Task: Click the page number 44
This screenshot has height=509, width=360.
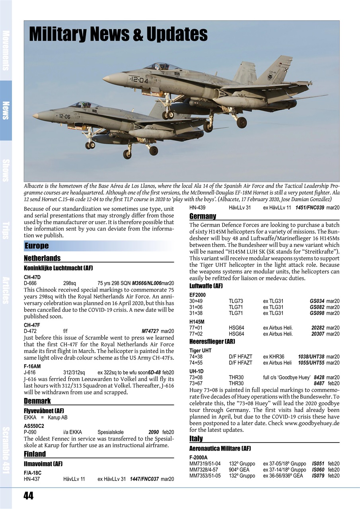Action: pos(28,495)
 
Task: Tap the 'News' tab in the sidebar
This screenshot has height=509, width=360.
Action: pos(6,110)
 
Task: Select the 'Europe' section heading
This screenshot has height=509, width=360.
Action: pos(37,246)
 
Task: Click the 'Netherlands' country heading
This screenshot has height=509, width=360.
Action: pos(42,258)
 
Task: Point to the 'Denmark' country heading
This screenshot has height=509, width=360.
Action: pos(37,401)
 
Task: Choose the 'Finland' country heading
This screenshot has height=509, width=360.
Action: pos(35,454)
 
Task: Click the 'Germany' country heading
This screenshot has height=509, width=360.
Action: pos(203,216)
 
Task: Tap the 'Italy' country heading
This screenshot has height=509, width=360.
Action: pos(196,439)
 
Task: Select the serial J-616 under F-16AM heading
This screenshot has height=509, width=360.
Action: pos(30,373)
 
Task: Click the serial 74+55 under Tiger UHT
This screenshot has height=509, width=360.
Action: pos(196,363)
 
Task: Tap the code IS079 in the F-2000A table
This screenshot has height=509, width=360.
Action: pos(318,476)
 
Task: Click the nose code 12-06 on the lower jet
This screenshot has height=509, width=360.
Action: pos(64,117)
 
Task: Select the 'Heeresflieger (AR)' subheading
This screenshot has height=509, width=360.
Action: pos(212,342)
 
